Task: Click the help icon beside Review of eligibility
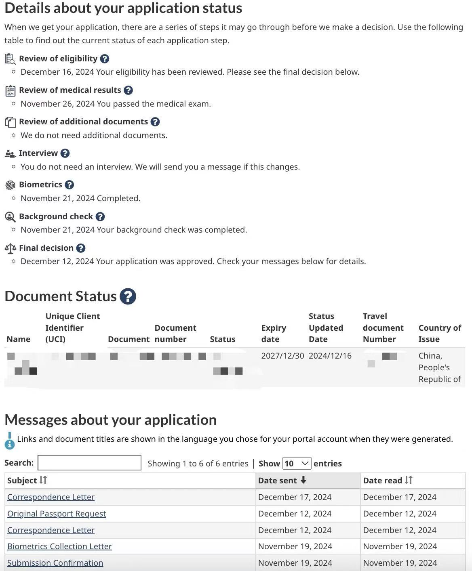click(104, 59)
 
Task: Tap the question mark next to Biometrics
click(70, 185)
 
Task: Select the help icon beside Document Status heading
click(128, 296)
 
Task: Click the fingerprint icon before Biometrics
click(10, 185)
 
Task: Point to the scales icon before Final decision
click(11, 248)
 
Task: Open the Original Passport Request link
click(57, 514)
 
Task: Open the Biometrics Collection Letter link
click(59, 546)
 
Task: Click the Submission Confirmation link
click(55, 563)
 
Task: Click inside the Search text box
click(89, 463)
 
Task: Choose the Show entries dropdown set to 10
click(297, 463)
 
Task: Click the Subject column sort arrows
click(43, 480)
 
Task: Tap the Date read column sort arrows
click(409, 480)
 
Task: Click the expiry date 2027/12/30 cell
click(282, 356)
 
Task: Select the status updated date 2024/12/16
click(330, 356)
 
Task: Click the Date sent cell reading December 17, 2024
click(295, 497)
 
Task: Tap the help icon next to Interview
click(65, 153)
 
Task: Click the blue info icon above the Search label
click(9, 441)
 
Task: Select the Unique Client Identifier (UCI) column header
click(73, 327)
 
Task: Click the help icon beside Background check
click(100, 217)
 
